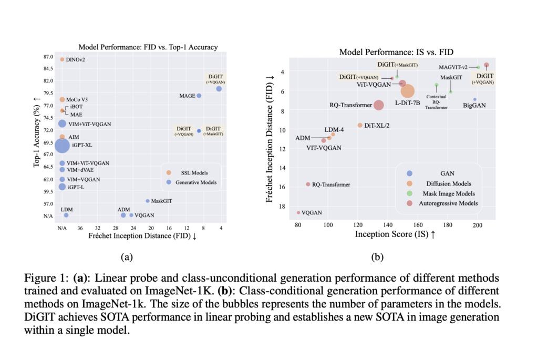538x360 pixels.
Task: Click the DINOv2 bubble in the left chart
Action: (x=62, y=59)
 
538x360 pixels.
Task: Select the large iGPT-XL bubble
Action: (x=63, y=146)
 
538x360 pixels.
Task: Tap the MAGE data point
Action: (x=199, y=96)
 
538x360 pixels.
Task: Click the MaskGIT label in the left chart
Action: (x=161, y=201)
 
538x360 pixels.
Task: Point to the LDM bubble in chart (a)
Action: (x=66, y=215)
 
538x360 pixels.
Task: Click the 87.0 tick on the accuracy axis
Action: (x=48, y=57)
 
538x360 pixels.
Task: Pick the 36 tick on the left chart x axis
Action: (x=80, y=228)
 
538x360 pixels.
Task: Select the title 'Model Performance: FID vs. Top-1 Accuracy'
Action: (x=148, y=47)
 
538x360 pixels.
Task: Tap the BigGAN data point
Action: (x=474, y=99)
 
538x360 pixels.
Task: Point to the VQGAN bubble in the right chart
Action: (x=298, y=212)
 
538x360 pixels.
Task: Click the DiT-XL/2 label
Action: (x=377, y=125)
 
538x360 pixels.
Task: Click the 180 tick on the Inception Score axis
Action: (x=448, y=225)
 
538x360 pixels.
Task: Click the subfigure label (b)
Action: (x=378, y=257)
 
